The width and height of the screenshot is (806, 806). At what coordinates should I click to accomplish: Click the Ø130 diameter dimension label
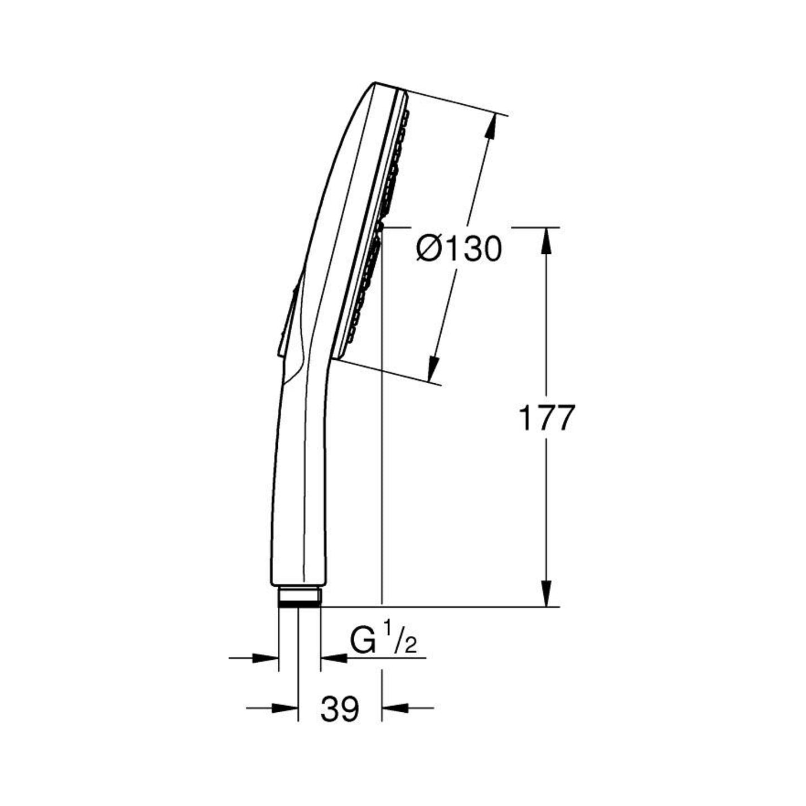pyautogui.click(x=459, y=249)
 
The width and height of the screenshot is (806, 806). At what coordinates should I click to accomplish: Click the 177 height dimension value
pyautogui.click(x=545, y=417)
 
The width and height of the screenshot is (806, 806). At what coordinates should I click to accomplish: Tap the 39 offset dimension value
pyautogui.click(x=340, y=708)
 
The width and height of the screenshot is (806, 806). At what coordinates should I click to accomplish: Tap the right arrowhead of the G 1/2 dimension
pyautogui.click(x=334, y=658)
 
